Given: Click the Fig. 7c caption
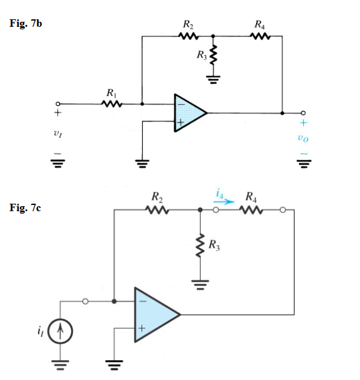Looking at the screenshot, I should (26, 207).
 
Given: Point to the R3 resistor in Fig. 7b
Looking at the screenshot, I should (214, 57).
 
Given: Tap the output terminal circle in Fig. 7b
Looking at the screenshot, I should (303, 113).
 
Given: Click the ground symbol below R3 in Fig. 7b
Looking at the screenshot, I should (214, 80).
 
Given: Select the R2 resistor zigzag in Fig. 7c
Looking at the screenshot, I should (156, 211).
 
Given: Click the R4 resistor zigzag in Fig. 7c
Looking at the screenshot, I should (250, 211).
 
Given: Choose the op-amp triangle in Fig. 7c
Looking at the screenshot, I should (154, 315).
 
